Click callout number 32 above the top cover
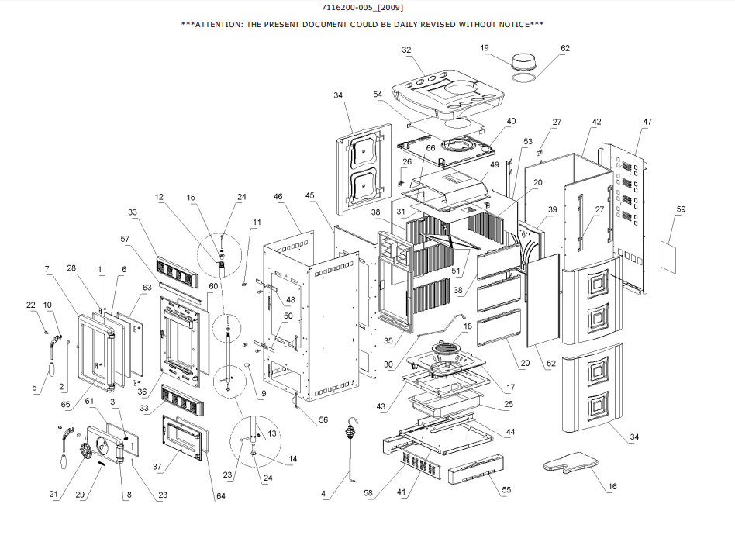click(x=406, y=49)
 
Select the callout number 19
click(x=485, y=48)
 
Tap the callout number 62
click(x=564, y=48)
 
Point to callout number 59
click(x=681, y=209)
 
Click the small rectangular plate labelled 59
click(x=671, y=254)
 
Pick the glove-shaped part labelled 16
click(x=569, y=464)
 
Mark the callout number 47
click(x=647, y=122)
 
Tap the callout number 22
click(x=32, y=305)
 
